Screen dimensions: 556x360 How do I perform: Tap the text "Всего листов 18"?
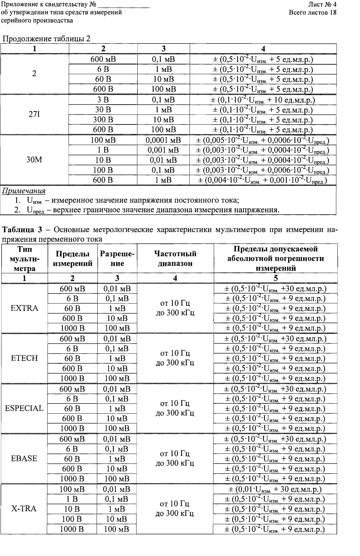pyautogui.click(x=312, y=13)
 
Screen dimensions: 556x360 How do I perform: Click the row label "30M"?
pyautogui.click(x=34, y=160)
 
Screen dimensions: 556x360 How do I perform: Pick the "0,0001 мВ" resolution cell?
pyautogui.click(x=164, y=140)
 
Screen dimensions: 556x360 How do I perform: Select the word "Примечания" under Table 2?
pyautogui.click(x=24, y=191)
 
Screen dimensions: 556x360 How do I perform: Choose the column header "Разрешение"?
pyautogui.click(x=117, y=259)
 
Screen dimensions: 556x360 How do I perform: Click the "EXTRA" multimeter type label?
pyautogui.click(x=24, y=308)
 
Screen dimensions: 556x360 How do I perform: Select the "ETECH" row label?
pyautogui.click(x=24, y=358)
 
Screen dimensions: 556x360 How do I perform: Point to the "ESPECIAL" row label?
pyautogui.click(x=24, y=408)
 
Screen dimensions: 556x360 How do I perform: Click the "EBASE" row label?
pyautogui.click(x=24, y=458)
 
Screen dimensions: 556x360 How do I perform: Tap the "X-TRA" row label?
pyautogui.click(x=24, y=509)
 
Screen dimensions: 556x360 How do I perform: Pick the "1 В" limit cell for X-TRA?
pyautogui.click(x=72, y=499)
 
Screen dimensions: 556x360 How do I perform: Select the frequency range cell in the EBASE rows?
pyautogui.click(x=175, y=458)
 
